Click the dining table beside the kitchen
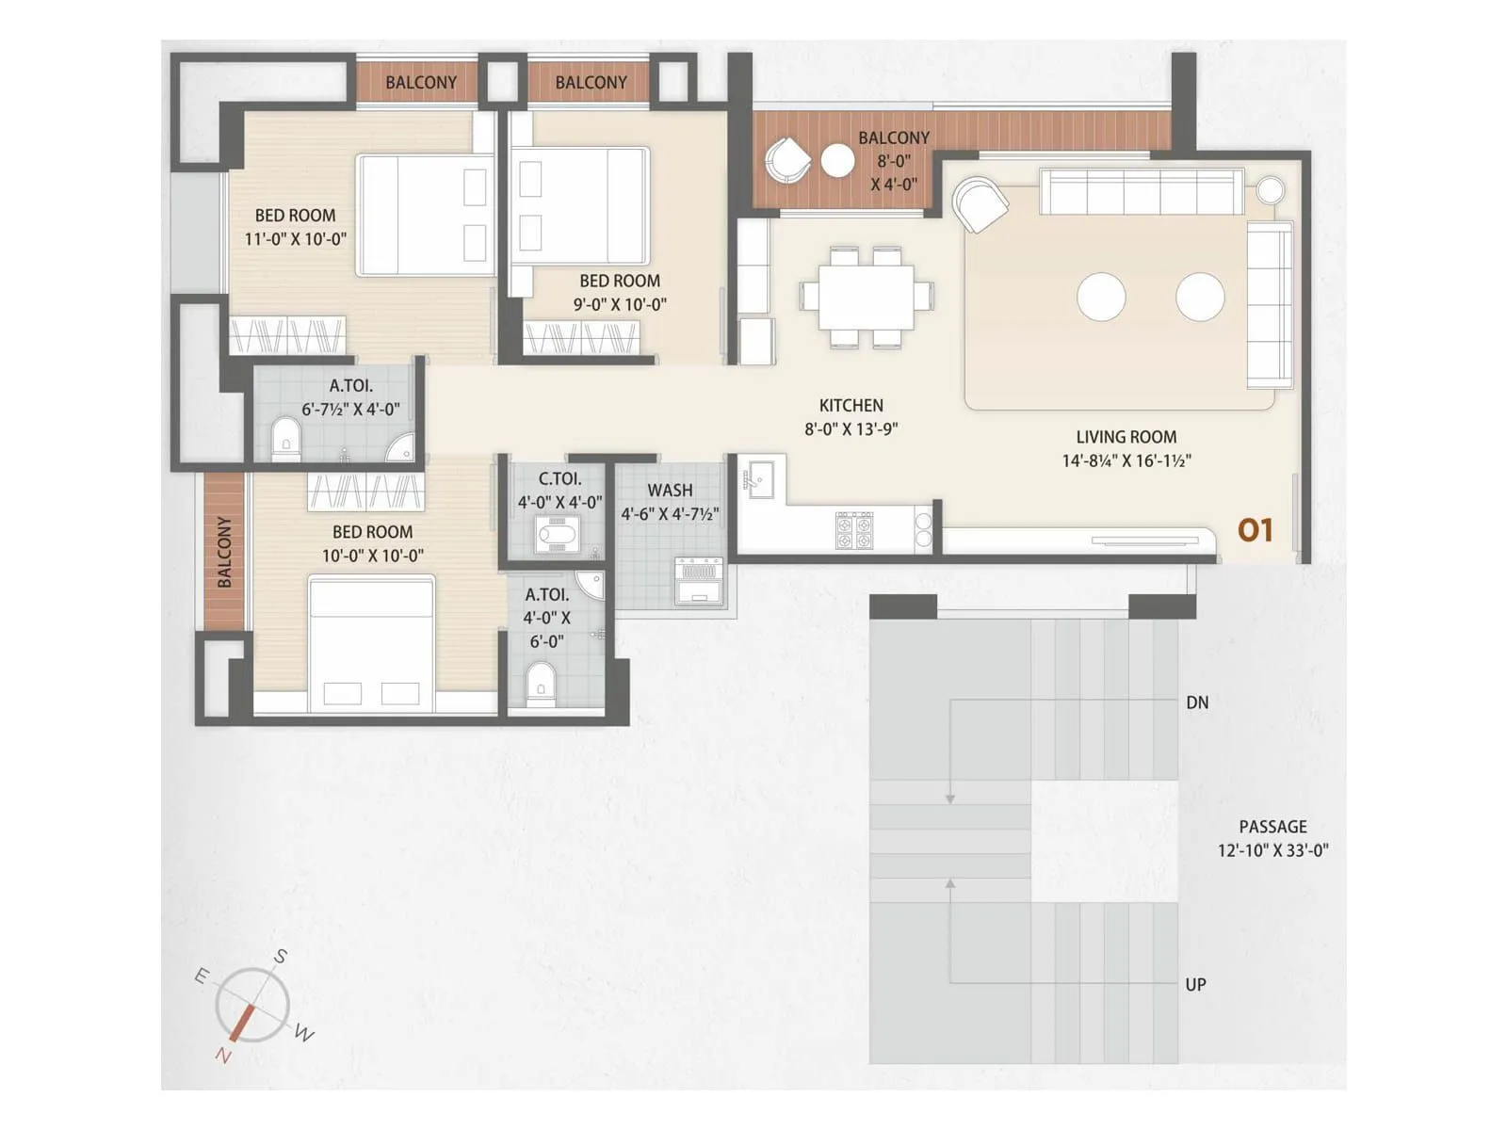(867, 297)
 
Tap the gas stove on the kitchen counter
(854, 530)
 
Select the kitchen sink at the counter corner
(758, 478)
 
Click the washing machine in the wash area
(698, 580)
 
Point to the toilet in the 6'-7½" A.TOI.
(284, 440)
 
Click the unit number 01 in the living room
(1255, 531)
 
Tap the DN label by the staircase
(1197, 702)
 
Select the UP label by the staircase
(1195, 985)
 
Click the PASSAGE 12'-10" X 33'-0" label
(1272, 838)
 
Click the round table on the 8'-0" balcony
(837, 161)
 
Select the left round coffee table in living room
(1101, 297)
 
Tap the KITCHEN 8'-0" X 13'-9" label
(851, 417)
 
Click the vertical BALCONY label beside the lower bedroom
(224, 552)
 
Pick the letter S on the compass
(280, 958)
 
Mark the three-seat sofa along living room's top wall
(1142, 192)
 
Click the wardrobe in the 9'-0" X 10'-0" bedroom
(581, 338)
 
